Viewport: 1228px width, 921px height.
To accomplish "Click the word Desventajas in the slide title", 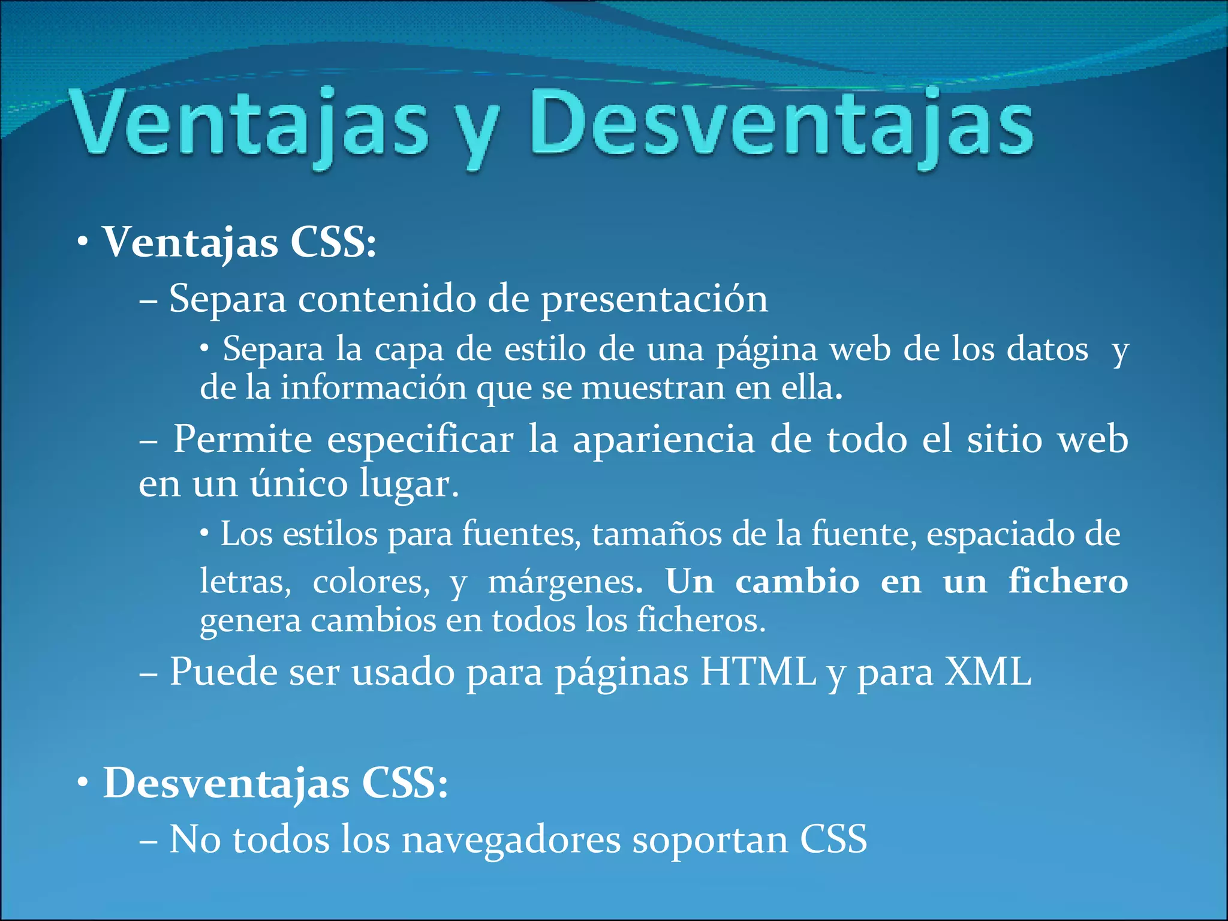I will pos(781,125).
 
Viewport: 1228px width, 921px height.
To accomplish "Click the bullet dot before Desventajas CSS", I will pos(83,782).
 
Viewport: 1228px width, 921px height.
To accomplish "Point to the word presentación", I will pos(654,299).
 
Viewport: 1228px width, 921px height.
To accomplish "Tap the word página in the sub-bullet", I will pos(766,350).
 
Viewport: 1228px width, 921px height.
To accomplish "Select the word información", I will pos(374,388).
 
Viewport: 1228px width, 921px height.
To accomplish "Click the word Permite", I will pos(243,440).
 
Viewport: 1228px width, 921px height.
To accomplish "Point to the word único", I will pos(299,483).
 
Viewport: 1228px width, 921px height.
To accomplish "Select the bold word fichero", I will pos(1068,581).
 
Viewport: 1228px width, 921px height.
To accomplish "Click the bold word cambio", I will pos(797,581).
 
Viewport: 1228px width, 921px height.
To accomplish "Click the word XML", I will pos(988,672).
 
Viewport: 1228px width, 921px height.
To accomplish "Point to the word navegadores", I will pos(511,840).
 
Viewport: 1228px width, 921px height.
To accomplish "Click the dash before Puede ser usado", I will pos(148,673).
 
